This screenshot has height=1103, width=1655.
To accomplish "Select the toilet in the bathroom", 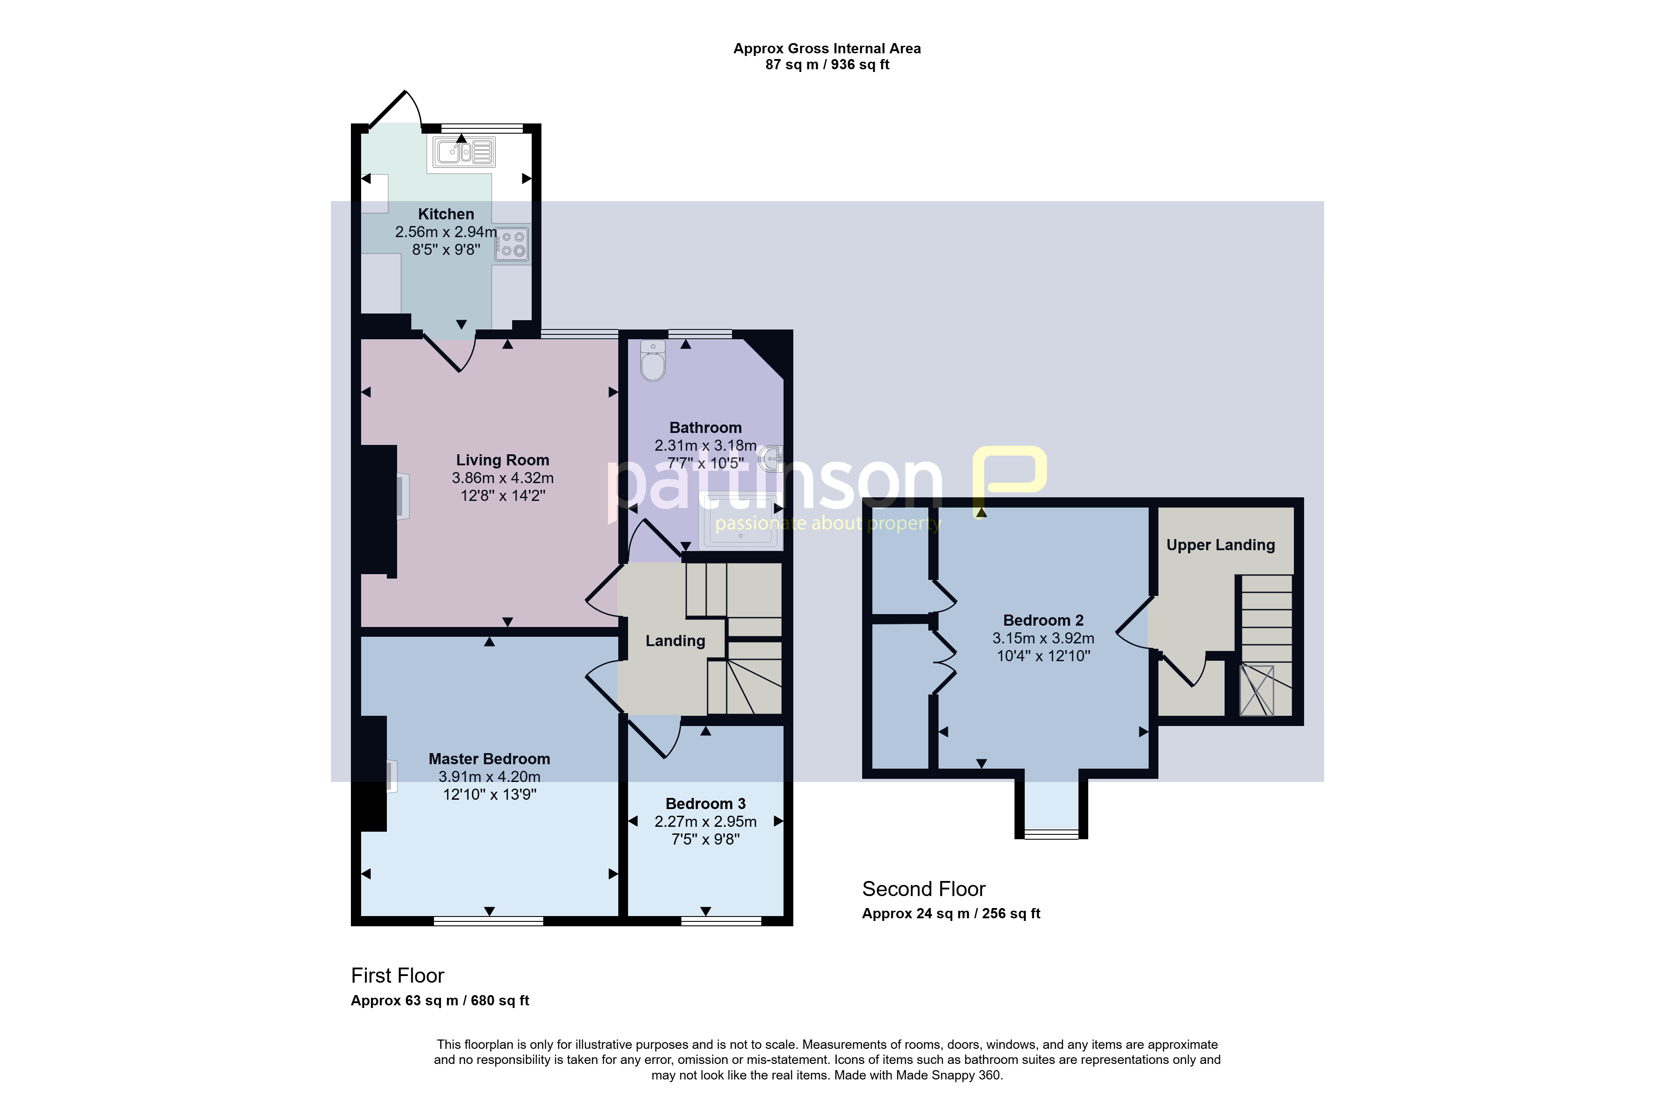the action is click(x=653, y=360).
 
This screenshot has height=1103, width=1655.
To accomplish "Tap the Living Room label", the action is click(x=502, y=460).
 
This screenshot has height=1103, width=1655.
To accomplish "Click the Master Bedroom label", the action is click(x=490, y=759).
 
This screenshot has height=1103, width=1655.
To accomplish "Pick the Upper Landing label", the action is click(x=1221, y=545).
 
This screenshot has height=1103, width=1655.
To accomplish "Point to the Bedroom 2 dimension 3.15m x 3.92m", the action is click(x=1043, y=638).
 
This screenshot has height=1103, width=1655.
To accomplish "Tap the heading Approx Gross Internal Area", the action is click(x=827, y=48).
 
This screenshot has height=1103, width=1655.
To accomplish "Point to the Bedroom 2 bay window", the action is click(x=1051, y=834).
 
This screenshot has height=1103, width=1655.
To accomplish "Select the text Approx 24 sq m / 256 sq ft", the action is click(x=951, y=914).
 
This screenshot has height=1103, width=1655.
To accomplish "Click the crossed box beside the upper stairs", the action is click(x=1257, y=691).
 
